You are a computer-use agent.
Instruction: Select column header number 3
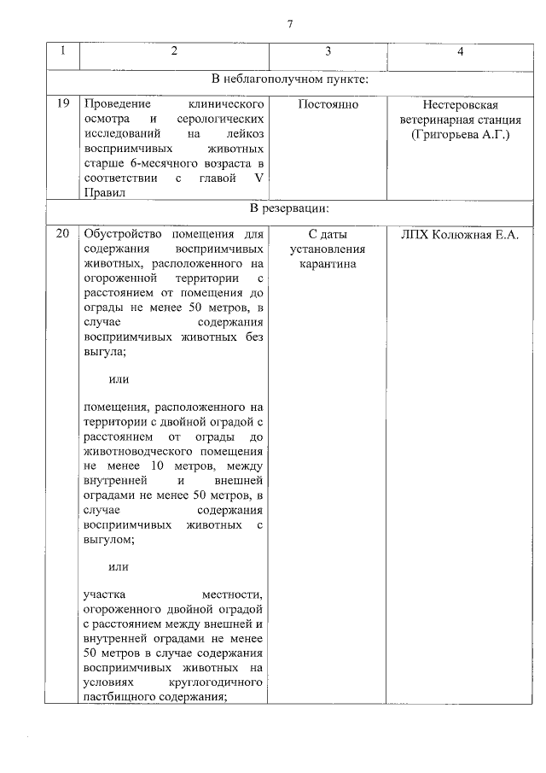click(x=328, y=52)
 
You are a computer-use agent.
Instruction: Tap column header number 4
click(x=460, y=52)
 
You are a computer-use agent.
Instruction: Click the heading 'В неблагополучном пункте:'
click(x=295, y=80)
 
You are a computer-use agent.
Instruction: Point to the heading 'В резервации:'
click(x=288, y=208)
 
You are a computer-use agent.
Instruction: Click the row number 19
click(x=62, y=105)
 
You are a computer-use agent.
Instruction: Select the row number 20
click(x=62, y=234)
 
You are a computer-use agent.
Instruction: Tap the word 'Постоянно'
click(x=328, y=105)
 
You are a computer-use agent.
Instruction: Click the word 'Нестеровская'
click(x=460, y=105)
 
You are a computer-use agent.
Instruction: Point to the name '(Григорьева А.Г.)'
click(x=460, y=135)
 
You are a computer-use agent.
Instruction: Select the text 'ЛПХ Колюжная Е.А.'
click(x=460, y=234)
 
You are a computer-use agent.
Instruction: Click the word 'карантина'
click(x=328, y=264)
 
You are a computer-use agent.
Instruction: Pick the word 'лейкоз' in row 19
click(x=242, y=135)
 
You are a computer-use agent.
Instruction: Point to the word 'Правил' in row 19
click(x=104, y=193)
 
